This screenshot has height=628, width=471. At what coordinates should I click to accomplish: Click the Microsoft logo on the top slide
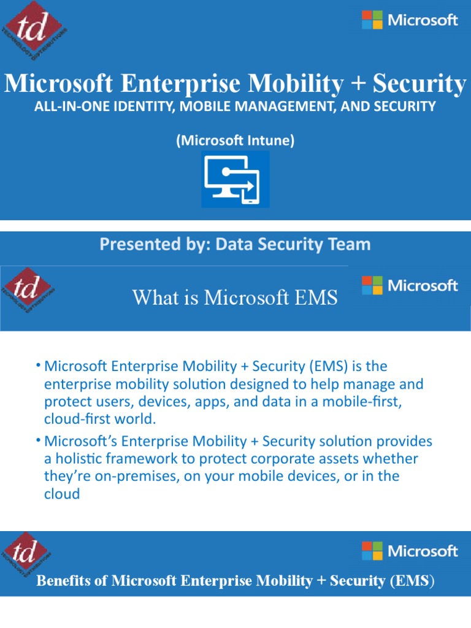tap(410, 20)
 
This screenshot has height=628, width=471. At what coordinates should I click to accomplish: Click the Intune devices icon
tap(235, 180)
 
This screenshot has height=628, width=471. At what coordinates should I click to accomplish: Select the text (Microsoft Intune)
tap(235, 140)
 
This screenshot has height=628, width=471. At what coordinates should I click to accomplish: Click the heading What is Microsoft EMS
tap(235, 297)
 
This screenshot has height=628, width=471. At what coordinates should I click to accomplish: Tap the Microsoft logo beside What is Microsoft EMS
tap(410, 285)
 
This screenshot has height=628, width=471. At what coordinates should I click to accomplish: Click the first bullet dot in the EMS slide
tap(38, 366)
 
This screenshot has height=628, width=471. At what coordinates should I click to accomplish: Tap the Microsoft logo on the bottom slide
tap(410, 551)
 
